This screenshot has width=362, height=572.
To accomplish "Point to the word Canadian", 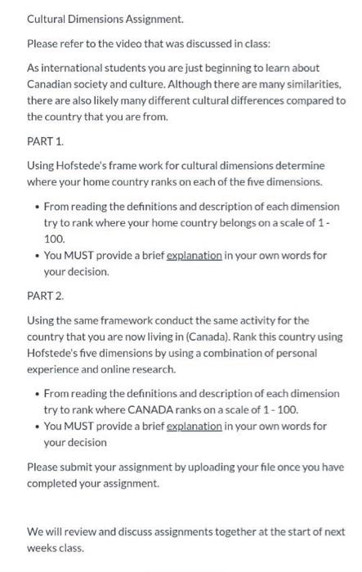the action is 52,84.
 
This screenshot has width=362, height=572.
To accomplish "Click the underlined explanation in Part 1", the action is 194,255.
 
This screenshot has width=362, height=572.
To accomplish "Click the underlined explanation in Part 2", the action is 194,427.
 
